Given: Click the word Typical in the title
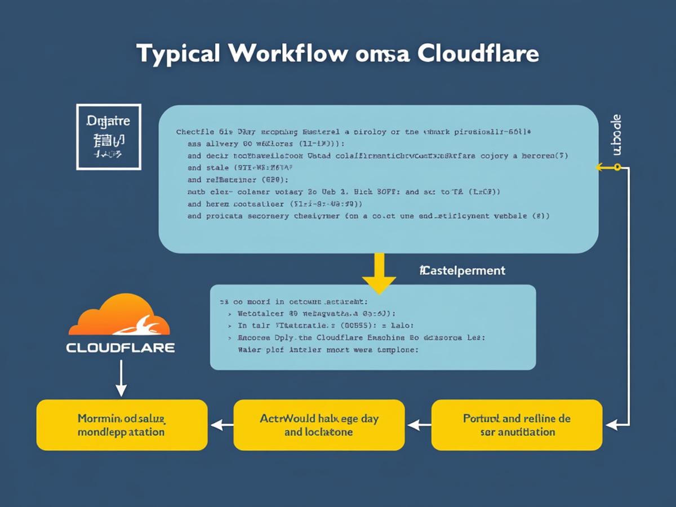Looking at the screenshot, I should (x=179, y=55).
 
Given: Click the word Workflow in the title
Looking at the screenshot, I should (x=288, y=54).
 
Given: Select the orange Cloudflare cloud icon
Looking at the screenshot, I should (x=119, y=317).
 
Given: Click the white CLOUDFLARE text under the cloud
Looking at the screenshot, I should (x=121, y=348).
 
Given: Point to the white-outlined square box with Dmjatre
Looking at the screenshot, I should (x=109, y=136).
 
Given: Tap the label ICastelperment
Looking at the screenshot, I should (x=462, y=271).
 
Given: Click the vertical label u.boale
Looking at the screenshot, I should (x=616, y=135).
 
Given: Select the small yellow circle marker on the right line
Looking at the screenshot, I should (x=617, y=167).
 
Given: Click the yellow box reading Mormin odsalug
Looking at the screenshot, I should (x=122, y=425).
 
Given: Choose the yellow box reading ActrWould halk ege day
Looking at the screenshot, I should (x=319, y=425).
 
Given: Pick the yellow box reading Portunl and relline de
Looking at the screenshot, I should (x=517, y=425).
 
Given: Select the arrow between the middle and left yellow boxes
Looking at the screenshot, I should (x=220, y=425).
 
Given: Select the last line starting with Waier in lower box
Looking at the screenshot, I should (x=325, y=350).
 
